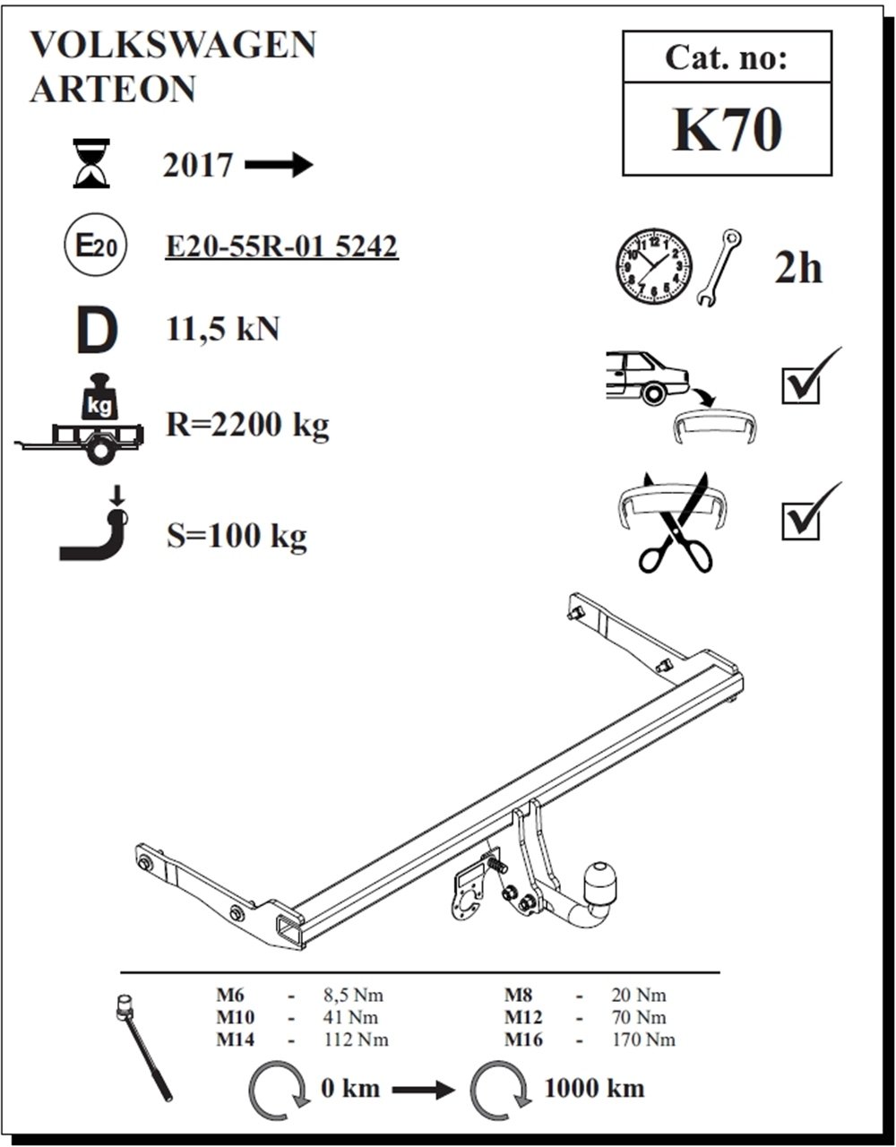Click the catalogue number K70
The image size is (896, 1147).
tap(727, 131)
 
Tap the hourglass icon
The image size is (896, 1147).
tap(91, 163)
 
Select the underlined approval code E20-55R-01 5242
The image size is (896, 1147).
tap(281, 246)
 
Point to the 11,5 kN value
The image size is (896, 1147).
tap(223, 329)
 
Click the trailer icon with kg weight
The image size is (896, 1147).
tap(85, 421)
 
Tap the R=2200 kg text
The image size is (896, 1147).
tap(247, 423)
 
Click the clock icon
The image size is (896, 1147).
tap(654, 266)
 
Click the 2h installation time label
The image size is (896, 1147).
tap(797, 267)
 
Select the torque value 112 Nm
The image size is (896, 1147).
tap(356, 1039)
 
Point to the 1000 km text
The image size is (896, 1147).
tap(594, 1088)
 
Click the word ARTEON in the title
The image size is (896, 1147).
tap(113, 89)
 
